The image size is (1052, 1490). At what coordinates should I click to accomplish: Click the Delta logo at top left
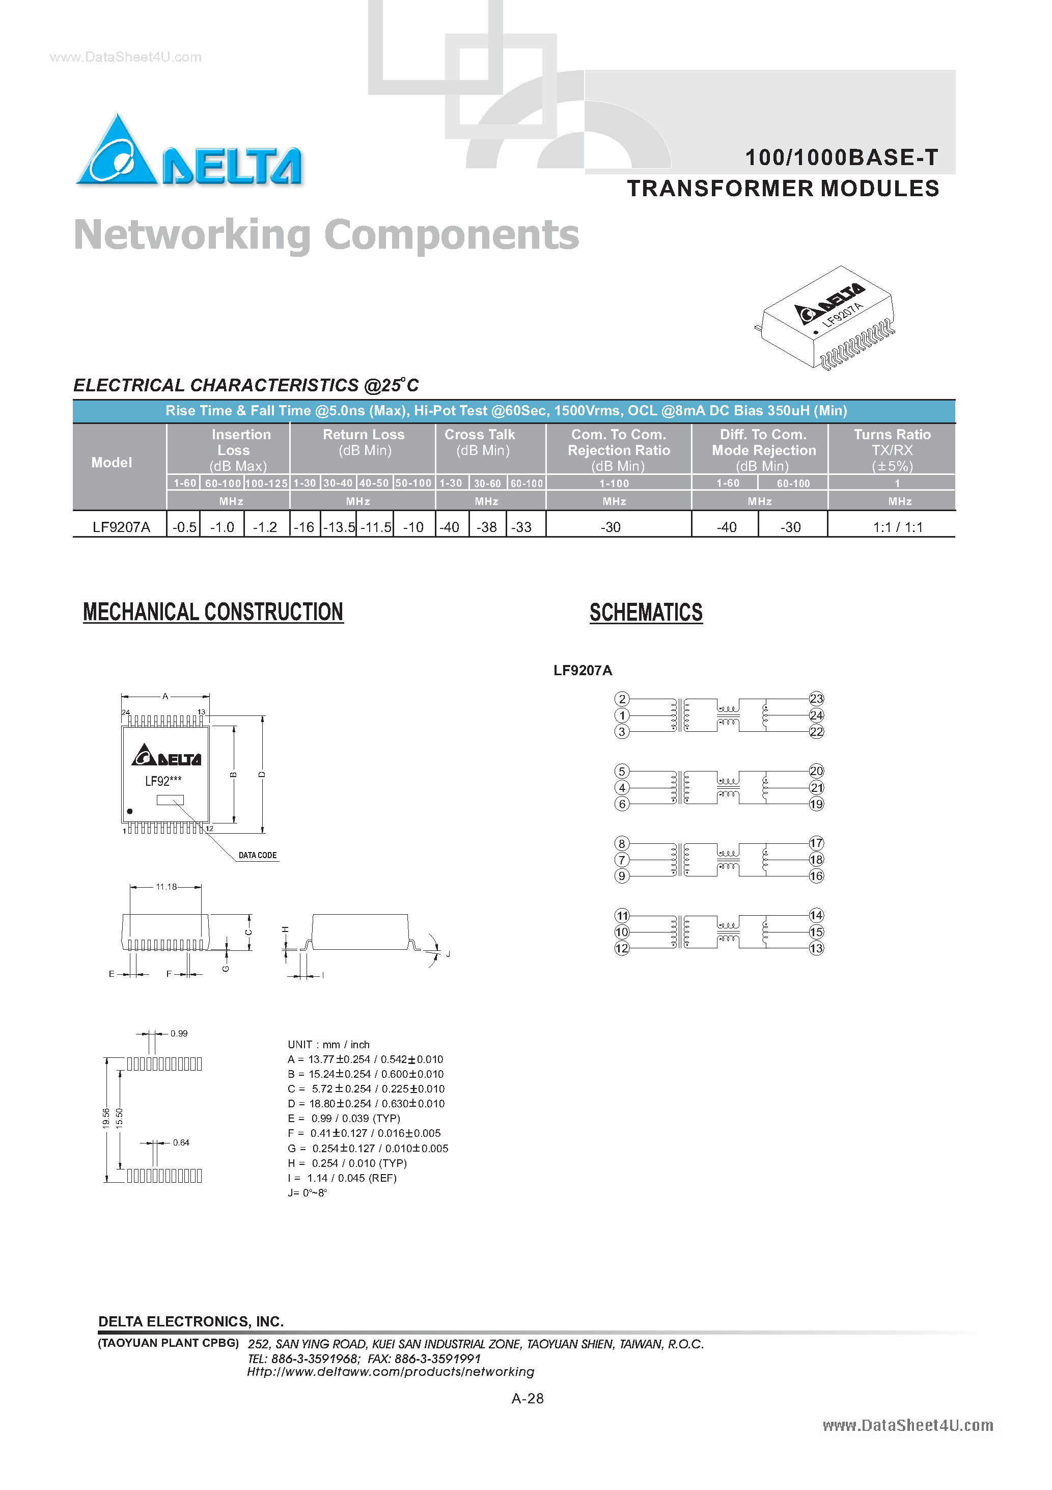[x=188, y=152]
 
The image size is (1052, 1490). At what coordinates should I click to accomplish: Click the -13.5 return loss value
[x=339, y=527]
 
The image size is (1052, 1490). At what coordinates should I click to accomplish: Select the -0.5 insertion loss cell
[x=184, y=527]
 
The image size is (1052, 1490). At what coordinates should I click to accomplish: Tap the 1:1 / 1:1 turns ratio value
[x=897, y=527]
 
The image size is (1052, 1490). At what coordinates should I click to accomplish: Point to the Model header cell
[x=111, y=462]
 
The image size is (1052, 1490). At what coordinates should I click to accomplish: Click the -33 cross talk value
[x=521, y=527]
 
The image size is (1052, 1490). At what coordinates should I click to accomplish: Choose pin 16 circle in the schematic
[x=816, y=876]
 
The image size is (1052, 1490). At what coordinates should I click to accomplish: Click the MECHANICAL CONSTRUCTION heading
[x=213, y=612]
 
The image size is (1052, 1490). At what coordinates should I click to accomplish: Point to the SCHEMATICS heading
[x=645, y=613]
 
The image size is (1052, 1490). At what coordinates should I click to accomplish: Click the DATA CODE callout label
[x=258, y=855]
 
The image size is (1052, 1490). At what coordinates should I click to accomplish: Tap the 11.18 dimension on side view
[x=166, y=887]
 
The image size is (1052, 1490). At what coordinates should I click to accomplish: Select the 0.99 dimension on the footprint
[x=179, y=1033]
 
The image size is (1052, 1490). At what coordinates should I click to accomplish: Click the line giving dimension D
[x=367, y=1103]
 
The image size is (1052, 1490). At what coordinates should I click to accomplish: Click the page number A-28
[x=528, y=1398]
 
